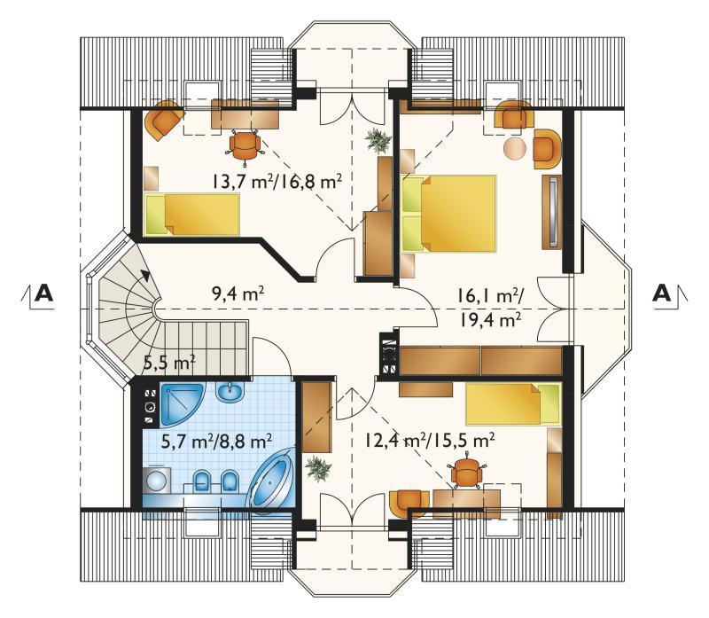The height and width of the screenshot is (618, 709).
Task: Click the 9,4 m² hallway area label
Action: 238,294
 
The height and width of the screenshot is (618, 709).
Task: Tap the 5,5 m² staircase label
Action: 169,362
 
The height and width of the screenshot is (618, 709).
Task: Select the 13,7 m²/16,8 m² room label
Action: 277,182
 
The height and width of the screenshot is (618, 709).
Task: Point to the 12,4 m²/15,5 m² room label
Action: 429,440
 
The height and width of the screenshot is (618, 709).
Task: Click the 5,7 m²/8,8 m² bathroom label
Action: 216,441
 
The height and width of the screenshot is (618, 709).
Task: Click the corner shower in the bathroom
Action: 181,403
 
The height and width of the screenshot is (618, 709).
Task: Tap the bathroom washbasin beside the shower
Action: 230,392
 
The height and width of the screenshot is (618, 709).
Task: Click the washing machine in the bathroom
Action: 157,480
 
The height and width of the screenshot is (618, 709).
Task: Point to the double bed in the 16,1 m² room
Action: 448,213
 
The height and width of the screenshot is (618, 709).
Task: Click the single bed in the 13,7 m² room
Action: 191,215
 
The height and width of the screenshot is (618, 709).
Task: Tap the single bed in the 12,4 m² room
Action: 513,404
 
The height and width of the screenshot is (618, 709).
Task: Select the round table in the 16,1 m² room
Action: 516,148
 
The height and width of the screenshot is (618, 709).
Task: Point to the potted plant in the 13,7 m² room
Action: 378,139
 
